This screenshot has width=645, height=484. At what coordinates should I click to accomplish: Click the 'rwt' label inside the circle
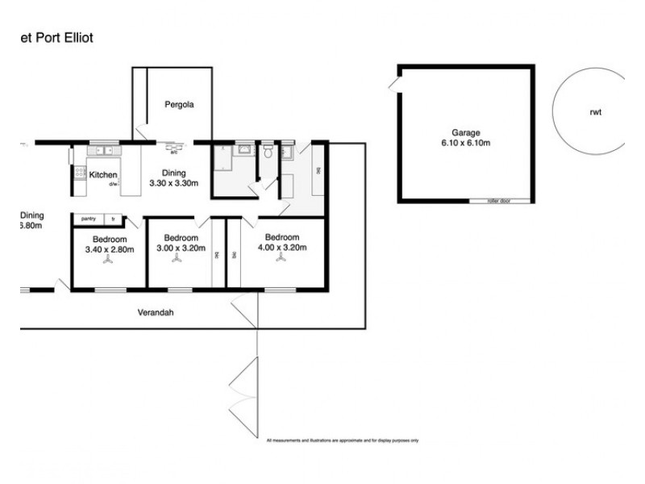pyautogui.click(x=595, y=112)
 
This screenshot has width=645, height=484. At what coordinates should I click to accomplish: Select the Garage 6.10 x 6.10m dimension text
pyautogui.click(x=465, y=140)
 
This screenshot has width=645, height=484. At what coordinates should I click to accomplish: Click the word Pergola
pyautogui.click(x=178, y=104)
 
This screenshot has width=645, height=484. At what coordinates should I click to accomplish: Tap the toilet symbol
pyautogui.click(x=267, y=152)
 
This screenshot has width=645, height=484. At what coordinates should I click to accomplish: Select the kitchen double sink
pyautogui.click(x=102, y=151)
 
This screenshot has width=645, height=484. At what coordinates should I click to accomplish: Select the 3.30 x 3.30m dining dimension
pyautogui.click(x=174, y=184)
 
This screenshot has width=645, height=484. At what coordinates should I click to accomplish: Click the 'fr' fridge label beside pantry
pyautogui.click(x=114, y=219)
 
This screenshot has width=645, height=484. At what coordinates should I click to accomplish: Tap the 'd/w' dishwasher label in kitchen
pyautogui.click(x=114, y=184)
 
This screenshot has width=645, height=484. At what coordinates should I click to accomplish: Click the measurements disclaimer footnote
pyautogui.click(x=342, y=440)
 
